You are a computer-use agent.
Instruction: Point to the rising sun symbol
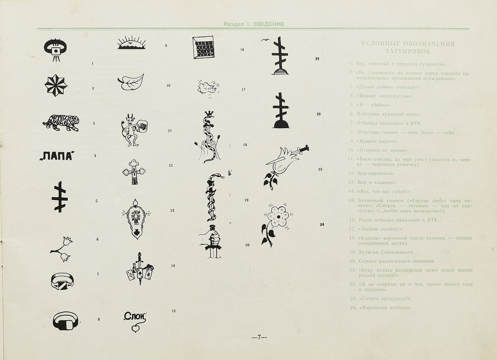(x=132, y=43)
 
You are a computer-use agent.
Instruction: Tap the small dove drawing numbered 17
(x=206, y=87)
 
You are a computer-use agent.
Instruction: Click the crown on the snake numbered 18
(x=209, y=114)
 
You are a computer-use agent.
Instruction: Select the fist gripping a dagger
(x=210, y=239)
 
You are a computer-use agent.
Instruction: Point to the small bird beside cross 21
(x=264, y=40)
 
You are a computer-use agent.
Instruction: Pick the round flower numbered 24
(x=277, y=216)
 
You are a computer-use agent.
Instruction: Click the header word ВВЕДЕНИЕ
(x=269, y=24)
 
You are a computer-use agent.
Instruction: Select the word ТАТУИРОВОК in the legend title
(x=408, y=52)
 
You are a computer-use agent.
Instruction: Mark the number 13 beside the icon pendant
(x=172, y=210)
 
